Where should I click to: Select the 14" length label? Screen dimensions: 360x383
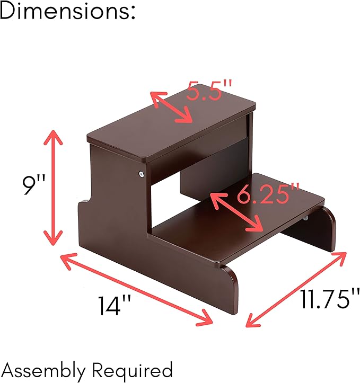[115, 305]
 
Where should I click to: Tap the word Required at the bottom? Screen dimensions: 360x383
[132, 370]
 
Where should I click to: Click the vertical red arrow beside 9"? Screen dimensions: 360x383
[53, 188]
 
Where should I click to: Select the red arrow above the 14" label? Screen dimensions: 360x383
[136, 289]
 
